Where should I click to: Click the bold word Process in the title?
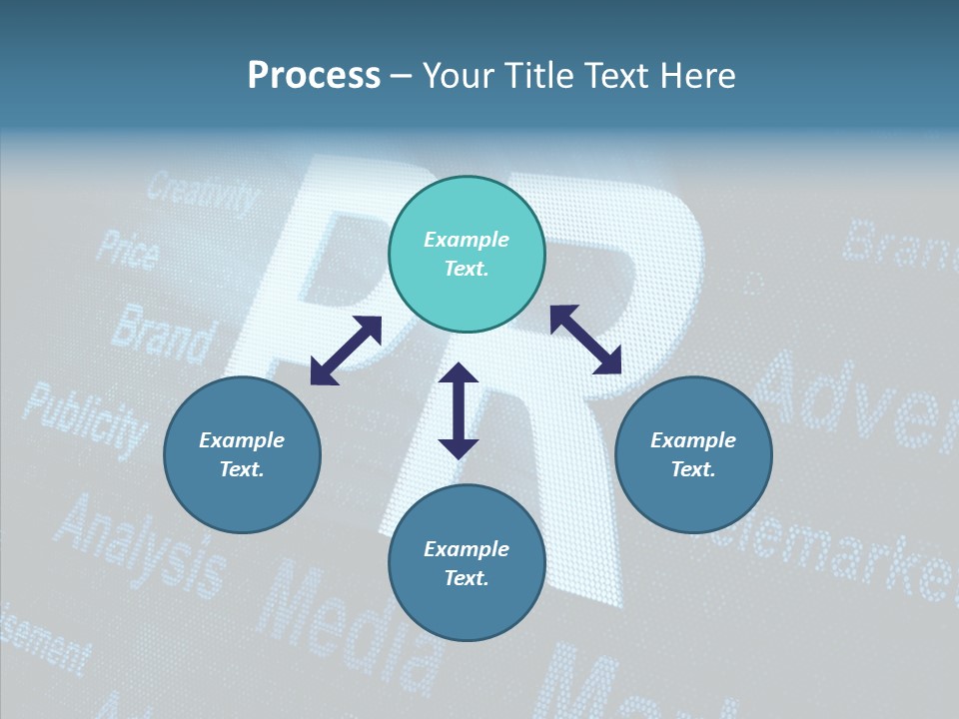pos(314,76)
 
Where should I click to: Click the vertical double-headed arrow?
pos(459,410)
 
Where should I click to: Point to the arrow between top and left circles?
pos(346,351)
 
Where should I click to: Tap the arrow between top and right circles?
pos(585,340)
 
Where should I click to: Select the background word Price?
pos(127,250)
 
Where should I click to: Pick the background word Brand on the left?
pos(162,333)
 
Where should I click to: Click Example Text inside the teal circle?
pos(467,254)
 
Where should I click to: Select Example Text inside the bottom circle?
pos(467,563)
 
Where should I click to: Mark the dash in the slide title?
pos(401,77)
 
